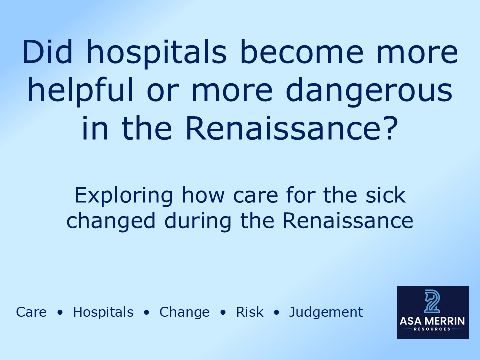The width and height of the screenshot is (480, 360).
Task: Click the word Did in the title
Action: click(x=44, y=52)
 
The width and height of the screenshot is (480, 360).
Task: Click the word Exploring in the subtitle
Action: click(x=125, y=195)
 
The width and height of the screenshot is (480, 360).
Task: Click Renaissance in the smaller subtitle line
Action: click(x=348, y=220)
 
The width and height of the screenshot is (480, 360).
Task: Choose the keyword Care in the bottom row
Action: click(x=31, y=312)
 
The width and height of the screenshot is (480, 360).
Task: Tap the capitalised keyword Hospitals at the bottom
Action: click(x=103, y=313)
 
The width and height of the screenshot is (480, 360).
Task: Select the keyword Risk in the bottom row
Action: click(x=250, y=312)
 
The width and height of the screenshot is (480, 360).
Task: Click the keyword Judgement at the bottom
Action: click(x=326, y=313)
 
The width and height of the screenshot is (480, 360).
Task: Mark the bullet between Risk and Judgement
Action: click(x=277, y=313)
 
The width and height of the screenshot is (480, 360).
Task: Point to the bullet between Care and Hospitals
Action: click(x=60, y=313)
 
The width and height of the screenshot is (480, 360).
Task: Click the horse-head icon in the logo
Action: click(x=432, y=301)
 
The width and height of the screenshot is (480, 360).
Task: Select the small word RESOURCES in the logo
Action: click(x=433, y=329)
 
